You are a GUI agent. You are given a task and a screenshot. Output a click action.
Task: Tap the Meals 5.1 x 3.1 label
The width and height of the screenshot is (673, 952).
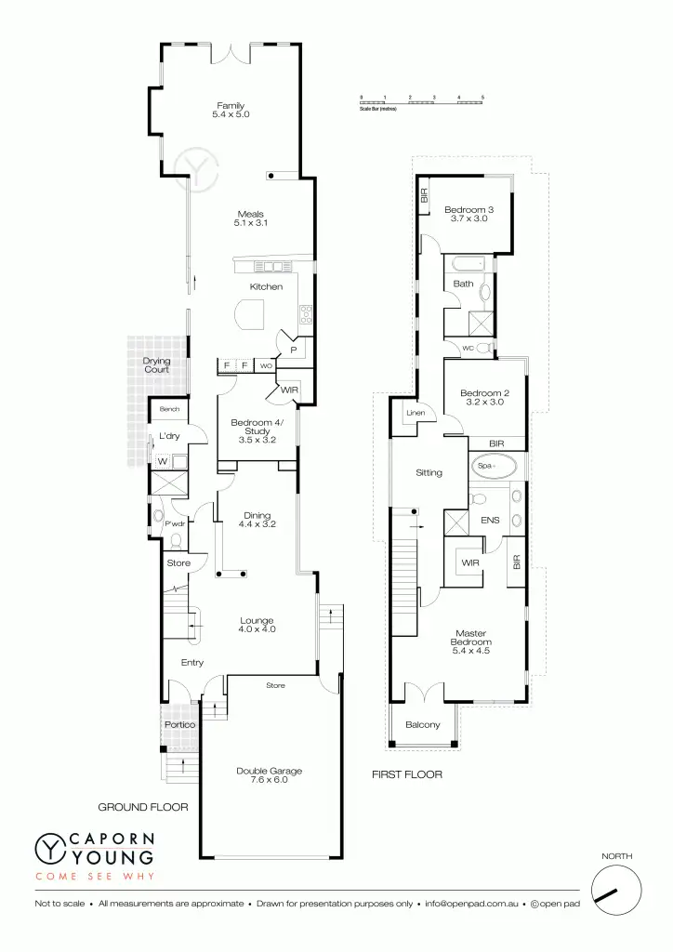(x=250, y=218)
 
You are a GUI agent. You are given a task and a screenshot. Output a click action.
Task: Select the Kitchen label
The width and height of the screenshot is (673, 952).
(x=266, y=287)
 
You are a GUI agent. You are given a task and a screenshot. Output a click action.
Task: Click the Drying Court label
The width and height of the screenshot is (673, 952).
(x=156, y=365)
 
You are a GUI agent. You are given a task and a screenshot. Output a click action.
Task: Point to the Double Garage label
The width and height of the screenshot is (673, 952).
(x=269, y=775)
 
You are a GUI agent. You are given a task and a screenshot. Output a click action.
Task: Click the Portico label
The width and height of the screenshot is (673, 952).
(x=179, y=724)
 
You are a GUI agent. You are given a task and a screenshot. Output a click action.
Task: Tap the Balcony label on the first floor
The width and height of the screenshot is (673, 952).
(x=423, y=725)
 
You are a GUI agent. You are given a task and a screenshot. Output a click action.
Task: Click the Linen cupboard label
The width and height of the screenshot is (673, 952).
(x=415, y=414)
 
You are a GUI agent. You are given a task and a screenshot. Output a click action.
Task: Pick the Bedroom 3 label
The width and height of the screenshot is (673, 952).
(x=468, y=214)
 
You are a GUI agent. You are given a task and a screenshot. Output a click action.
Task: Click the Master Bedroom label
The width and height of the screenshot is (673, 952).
(x=470, y=642)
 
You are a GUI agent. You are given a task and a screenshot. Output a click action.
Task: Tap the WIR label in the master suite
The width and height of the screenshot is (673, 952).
(x=468, y=562)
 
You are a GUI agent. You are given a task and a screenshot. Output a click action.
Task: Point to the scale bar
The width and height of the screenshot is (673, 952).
(x=421, y=101)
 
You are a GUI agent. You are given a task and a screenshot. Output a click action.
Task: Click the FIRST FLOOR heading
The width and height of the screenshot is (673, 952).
(x=406, y=773)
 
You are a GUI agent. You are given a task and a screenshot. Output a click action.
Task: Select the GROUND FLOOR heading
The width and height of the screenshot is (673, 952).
(x=143, y=807)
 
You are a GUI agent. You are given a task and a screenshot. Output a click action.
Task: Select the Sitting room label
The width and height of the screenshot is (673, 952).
(x=429, y=473)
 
